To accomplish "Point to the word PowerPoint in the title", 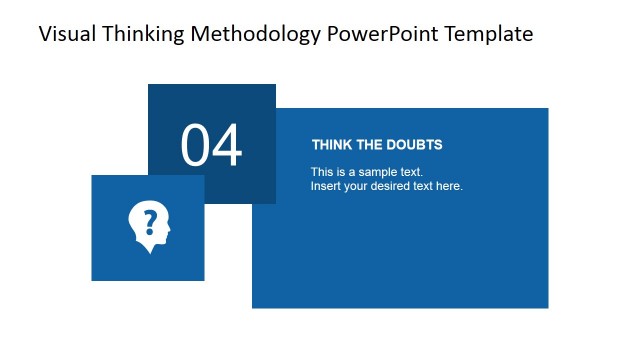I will point(382,34).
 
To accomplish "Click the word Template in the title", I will point(489,34).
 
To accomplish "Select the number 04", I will point(211,146).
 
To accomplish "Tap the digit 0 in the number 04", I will point(196,146).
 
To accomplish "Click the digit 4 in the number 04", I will point(227,146).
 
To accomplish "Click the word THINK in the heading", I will point(331,145).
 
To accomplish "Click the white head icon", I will point(150,223).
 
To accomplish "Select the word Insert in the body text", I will point(325,186).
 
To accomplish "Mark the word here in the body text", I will point(450,186).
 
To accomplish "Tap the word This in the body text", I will point(322,172).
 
